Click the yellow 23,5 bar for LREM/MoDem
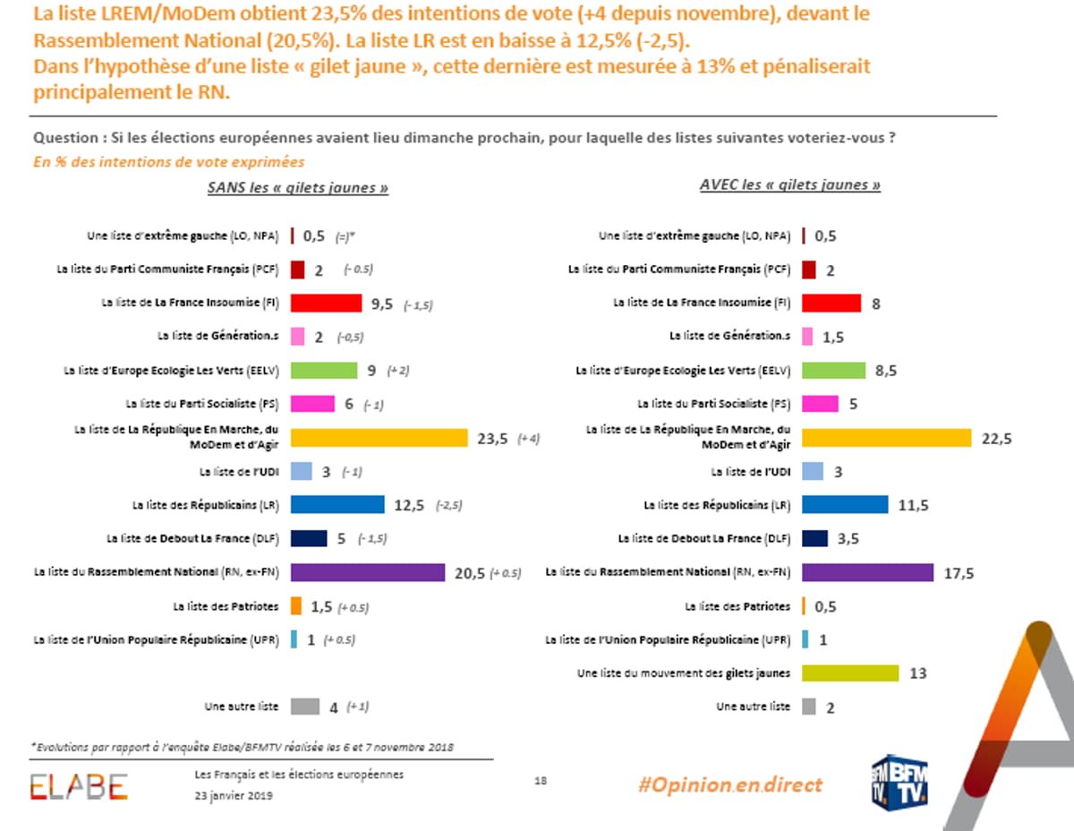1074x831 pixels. click(x=379, y=438)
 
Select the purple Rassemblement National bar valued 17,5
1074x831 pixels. click(x=868, y=572)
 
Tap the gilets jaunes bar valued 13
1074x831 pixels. click(x=850, y=673)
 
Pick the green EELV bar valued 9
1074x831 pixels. click(x=324, y=370)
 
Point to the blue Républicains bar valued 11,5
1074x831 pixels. click(x=845, y=505)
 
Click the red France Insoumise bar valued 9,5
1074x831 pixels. click(x=326, y=303)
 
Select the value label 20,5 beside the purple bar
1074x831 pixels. click(x=469, y=573)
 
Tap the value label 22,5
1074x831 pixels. click(x=996, y=439)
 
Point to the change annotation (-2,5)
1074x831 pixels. click(x=448, y=506)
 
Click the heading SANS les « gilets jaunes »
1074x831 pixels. click(x=298, y=188)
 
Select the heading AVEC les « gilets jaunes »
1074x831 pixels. click(x=789, y=185)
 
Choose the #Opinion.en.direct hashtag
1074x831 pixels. click(x=729, y=784)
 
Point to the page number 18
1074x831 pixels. click(x=541, y=780)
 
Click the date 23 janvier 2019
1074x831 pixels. click(x=234, y=794)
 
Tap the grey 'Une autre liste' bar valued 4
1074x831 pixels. click(x=304, y=707)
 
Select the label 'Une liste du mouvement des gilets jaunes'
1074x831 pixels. click(x=684, y=673)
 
